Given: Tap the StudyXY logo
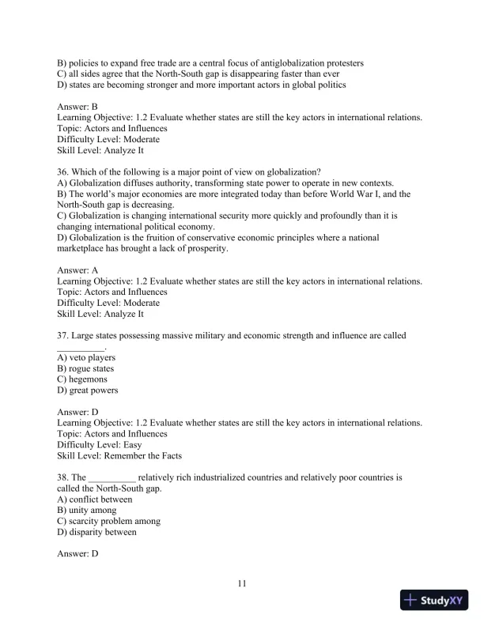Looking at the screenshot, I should tap(435, 601).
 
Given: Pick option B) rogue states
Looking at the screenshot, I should tap(85, 368).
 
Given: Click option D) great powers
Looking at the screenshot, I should tap(88, 390).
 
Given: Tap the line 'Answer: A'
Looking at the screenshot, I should tap(78, 270).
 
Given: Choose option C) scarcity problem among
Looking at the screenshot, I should tap(109, 522).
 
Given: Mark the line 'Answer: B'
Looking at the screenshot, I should tap(78, 106).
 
